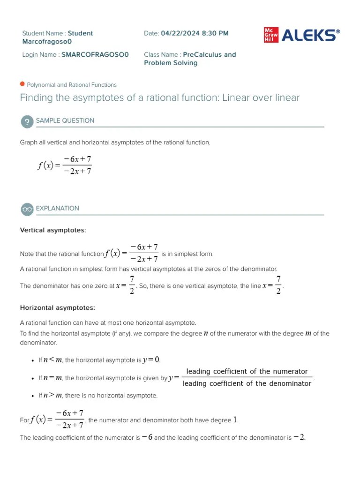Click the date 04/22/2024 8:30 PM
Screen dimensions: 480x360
tap(195, 33)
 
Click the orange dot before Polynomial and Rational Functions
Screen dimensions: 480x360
tap(22, 84)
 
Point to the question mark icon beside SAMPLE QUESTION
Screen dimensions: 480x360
tap(27, 121)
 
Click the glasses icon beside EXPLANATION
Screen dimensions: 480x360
tap(27, 209)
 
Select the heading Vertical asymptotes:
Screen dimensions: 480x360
tap(53, 230)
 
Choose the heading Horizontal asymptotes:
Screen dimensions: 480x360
tap(57, 308)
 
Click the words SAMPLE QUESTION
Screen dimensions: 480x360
tap(65, 120)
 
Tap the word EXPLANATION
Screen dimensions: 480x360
tap(58, 208)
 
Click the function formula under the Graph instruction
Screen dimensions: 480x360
tap(65, 165)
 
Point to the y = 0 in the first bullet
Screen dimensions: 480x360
tap(151, 360)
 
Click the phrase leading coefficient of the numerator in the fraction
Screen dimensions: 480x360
tap(247, 372)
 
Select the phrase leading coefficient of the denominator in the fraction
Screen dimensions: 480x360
tap(247, 383)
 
